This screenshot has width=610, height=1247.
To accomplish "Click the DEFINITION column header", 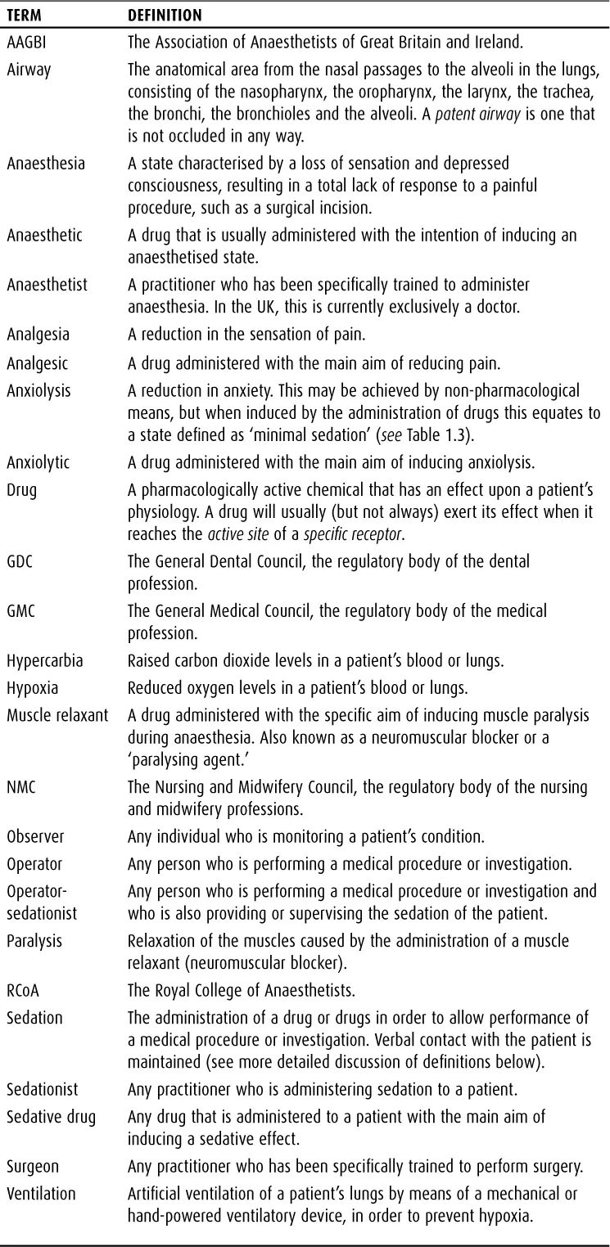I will click(165, 16).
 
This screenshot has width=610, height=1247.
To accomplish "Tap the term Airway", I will click(29, 69).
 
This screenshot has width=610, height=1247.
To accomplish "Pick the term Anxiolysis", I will click(39, 390).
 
